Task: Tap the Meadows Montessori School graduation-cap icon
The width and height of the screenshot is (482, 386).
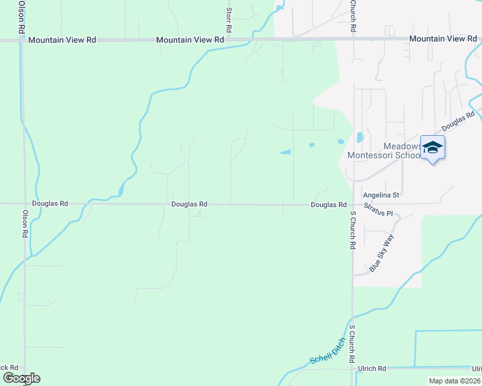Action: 432,147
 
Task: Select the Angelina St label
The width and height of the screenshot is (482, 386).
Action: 382,194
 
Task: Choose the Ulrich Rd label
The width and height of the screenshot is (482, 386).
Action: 373,369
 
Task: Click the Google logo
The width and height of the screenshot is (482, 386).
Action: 22,378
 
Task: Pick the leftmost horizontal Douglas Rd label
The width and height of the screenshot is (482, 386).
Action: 50,204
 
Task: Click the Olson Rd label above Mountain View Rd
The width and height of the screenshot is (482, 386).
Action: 21,17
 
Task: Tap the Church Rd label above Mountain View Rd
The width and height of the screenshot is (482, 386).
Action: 353,17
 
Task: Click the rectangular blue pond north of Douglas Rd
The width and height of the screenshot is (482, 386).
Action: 285,152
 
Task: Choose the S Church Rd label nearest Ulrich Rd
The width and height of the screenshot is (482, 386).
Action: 352,345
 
